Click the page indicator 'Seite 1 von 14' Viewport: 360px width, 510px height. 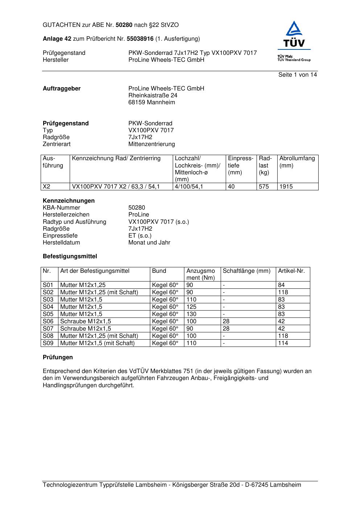(298, 74)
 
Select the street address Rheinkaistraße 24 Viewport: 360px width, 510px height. (153, 95)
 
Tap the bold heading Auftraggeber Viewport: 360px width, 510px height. (62, 88)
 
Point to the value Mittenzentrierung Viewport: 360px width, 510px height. (151, 144)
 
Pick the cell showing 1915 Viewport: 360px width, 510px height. (286, 186)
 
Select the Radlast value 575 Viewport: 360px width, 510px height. (264, 186)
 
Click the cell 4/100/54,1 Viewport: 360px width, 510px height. (189, 186)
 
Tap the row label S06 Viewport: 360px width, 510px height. (48, 321)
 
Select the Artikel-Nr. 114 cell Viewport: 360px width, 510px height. (283, 343)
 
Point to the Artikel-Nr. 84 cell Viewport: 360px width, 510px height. (281, 285)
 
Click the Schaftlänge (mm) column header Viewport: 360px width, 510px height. (247, 271)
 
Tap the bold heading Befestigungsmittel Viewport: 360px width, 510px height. (70, 256)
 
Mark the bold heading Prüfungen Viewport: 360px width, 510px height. (58, 357)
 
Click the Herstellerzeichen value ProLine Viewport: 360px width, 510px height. (139, 214)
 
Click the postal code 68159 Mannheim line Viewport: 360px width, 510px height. (151, 102)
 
